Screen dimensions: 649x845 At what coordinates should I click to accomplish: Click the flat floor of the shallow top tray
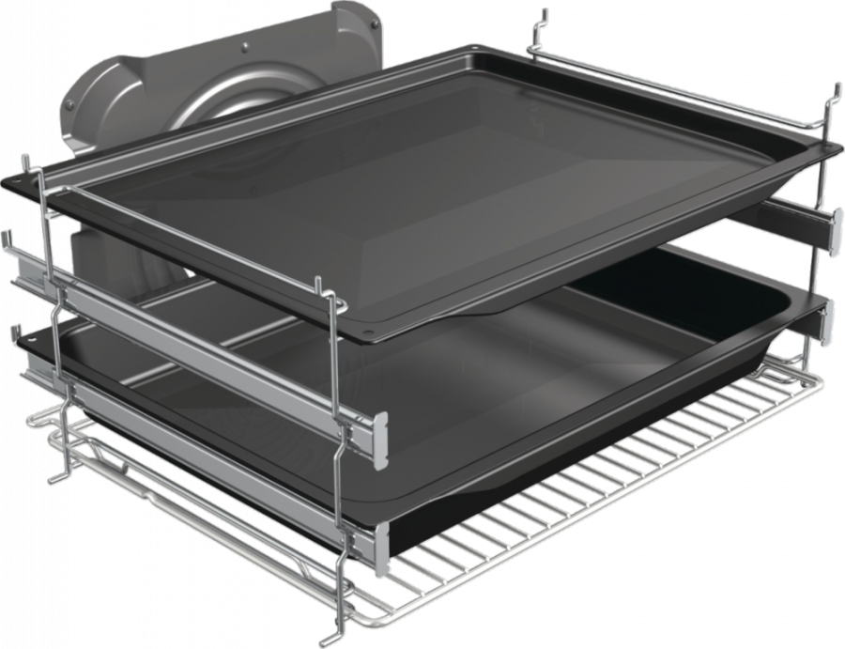point(422,188)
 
